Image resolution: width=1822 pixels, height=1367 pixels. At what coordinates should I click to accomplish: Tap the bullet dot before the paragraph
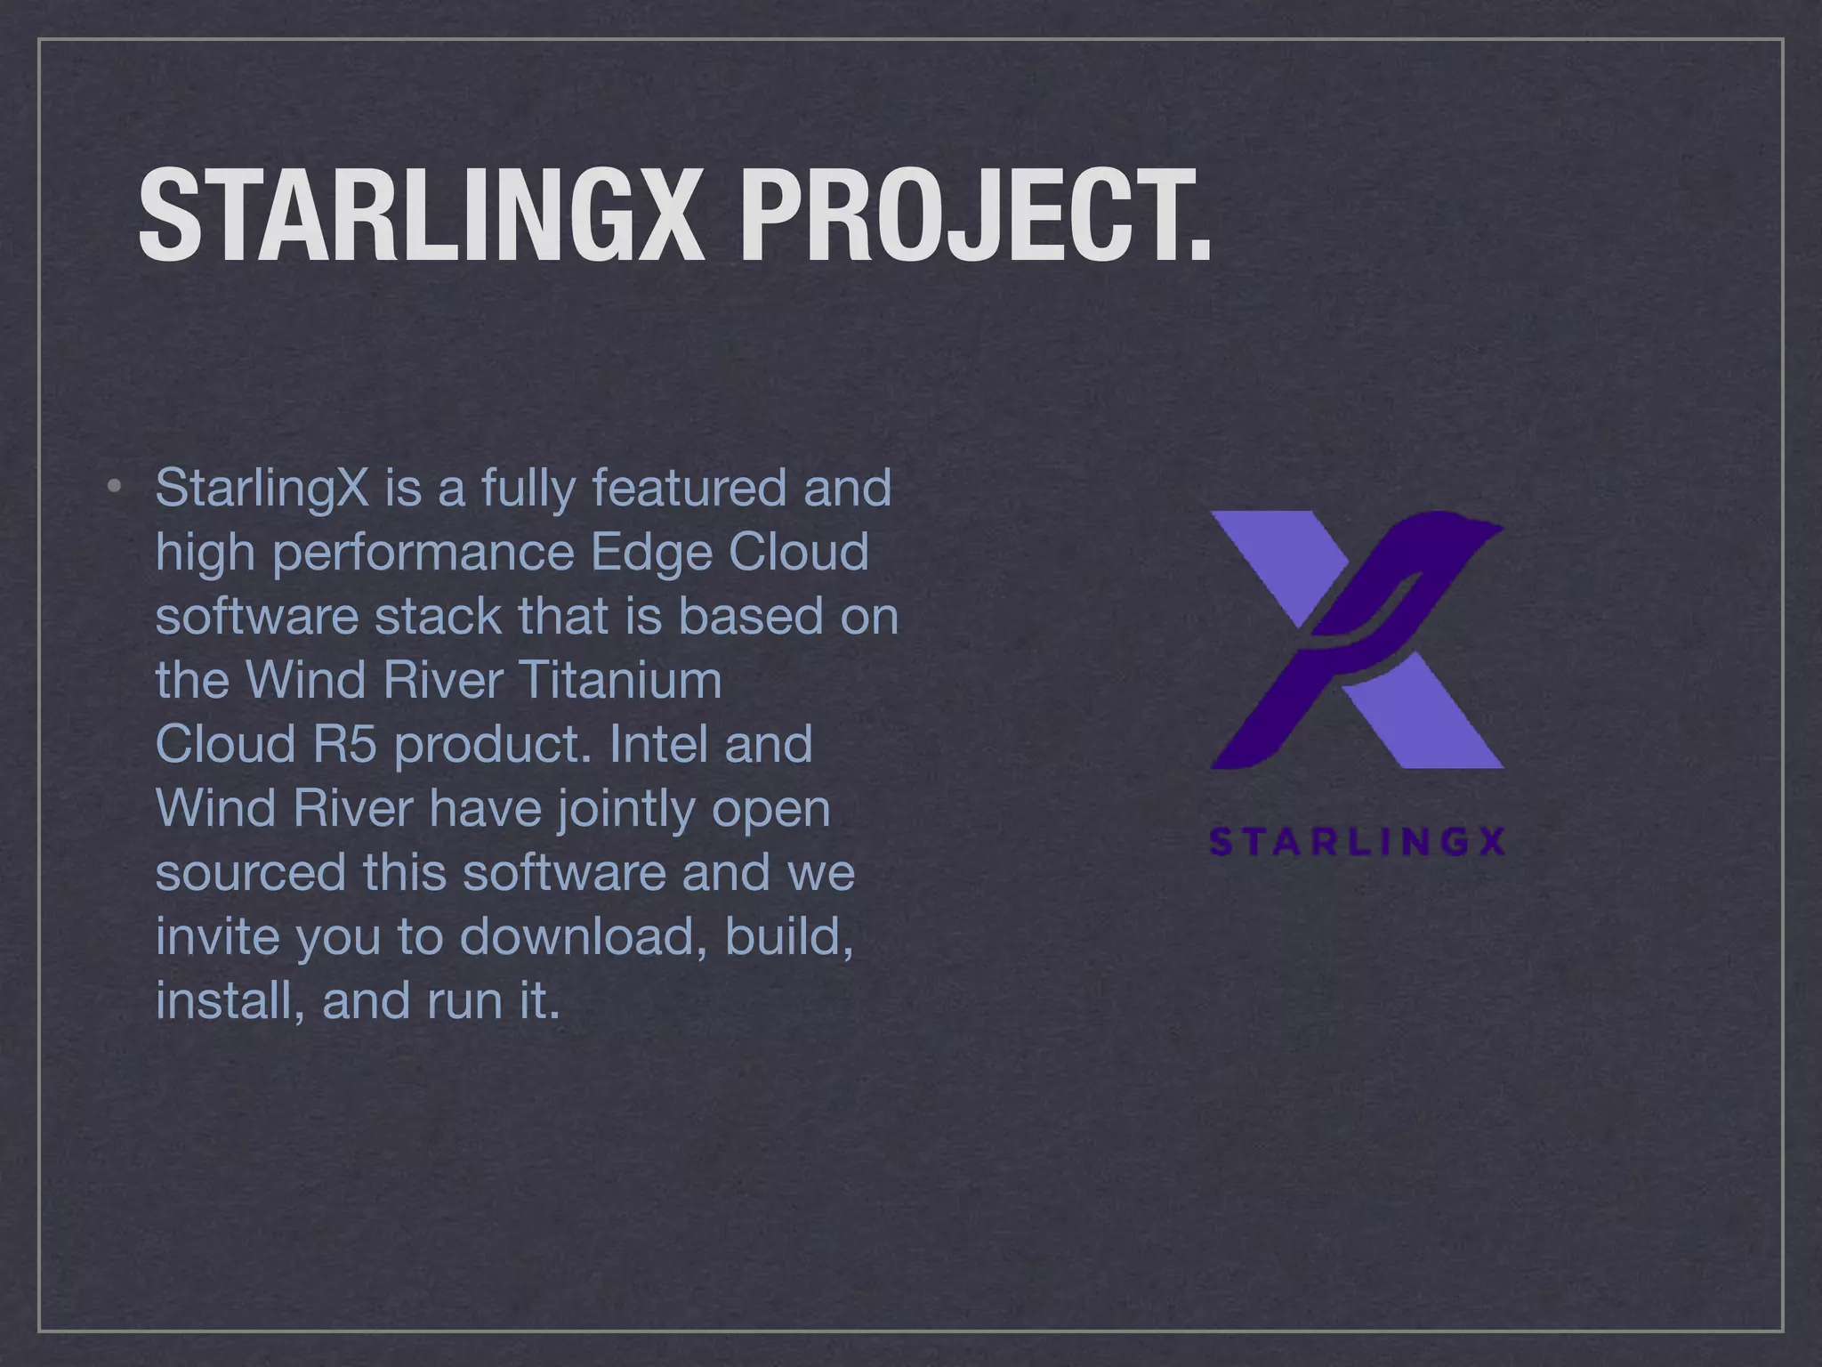click(113, 486)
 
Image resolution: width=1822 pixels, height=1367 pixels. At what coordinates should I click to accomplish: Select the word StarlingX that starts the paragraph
click(262, 489)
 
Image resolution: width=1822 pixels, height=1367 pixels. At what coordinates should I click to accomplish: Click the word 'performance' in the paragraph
click(423, 554)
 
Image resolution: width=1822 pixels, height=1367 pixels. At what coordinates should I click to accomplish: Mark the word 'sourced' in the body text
click(251, 872)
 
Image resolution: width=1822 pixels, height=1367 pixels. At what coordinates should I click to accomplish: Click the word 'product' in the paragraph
click(492, 746)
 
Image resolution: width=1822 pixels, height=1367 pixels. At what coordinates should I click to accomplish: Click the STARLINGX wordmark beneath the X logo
click(1358, 842)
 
